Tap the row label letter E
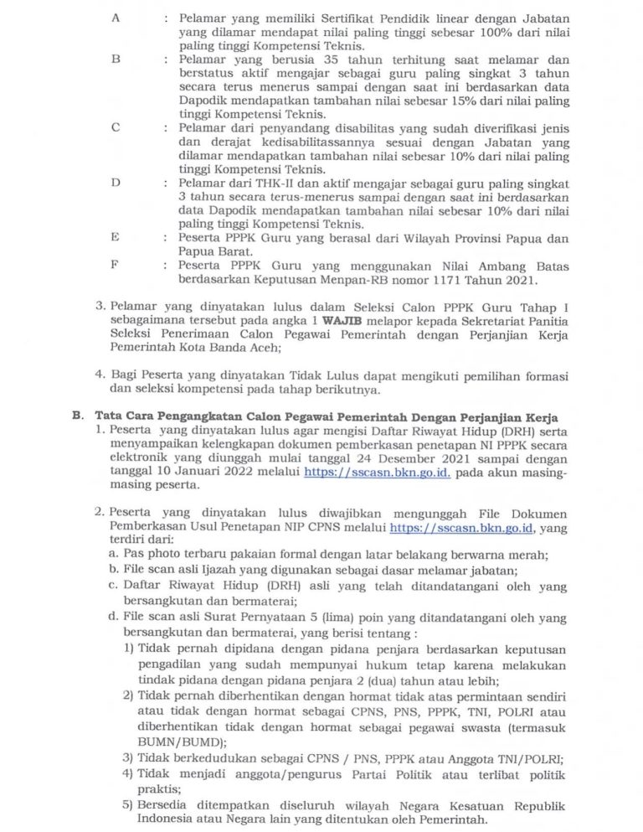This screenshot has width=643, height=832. (115, 237)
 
